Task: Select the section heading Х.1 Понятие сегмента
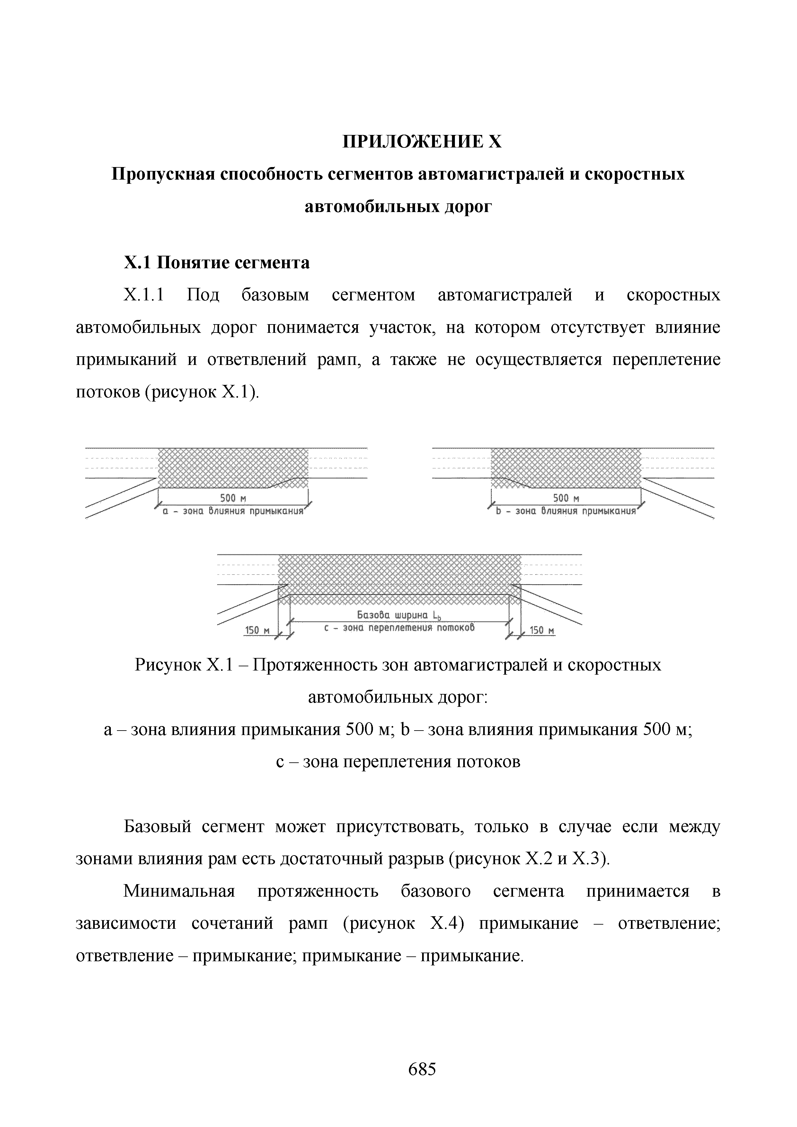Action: tap(217, 263)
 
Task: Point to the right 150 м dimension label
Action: tap(542, 630)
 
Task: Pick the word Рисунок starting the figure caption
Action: tap(167, 665)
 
